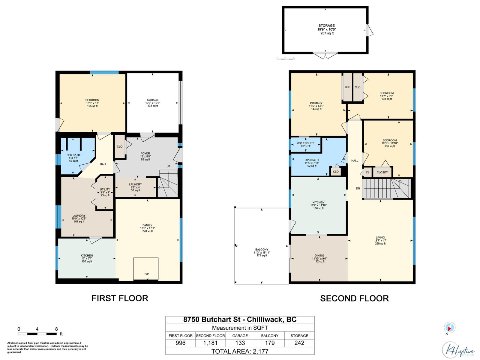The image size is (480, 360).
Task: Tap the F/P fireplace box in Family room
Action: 146,269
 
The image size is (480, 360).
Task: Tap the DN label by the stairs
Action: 358,188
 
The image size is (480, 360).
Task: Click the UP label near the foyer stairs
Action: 168,166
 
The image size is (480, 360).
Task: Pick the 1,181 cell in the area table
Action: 210,343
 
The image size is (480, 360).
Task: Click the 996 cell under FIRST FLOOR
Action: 181,343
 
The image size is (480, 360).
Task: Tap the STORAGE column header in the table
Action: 299,336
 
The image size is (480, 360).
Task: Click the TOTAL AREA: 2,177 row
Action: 240,351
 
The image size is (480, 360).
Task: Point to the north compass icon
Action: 449,328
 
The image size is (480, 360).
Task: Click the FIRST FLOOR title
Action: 120,298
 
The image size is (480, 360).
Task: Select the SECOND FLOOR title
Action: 354,298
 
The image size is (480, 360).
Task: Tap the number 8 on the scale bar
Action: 56,329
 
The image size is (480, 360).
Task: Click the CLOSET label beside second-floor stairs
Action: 382,172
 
